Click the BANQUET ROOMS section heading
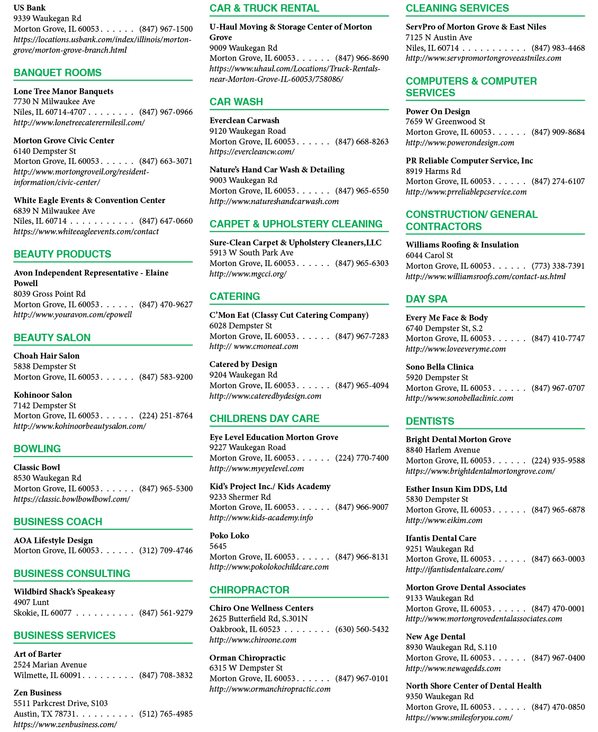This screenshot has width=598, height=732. [x=57, y=72]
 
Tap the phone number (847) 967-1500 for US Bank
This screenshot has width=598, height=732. [x=166, y=29]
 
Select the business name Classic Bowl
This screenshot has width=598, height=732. [x=37, y=468]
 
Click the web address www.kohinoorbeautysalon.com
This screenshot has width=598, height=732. [x=79, y=426]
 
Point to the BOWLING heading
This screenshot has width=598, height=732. [x=37, y=449]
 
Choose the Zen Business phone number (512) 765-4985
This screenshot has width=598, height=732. [x=166, y=713]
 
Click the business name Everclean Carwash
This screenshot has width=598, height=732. [x=244, y=121]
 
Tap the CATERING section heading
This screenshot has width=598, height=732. [x=234, y=296]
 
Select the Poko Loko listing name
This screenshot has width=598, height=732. [x=229, y=536]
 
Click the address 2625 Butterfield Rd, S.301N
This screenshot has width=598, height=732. [x=258, y=618]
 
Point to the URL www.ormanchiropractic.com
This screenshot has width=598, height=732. [x=270, y=689]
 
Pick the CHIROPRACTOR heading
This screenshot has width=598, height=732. [x=249, y=590]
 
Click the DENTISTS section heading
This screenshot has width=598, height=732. [x=430, y=421]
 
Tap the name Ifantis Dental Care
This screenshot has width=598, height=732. [x=441, y=538]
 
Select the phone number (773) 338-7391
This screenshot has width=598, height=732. [x=558, y=266]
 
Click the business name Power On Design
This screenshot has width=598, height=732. [x=438, y=112]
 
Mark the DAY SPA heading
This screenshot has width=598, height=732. [x=427, y=299]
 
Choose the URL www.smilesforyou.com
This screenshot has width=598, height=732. [x=459, y=717]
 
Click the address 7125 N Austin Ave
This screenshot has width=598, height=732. [x=439, y=38]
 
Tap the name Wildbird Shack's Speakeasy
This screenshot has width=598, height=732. [x=64, y=592]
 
